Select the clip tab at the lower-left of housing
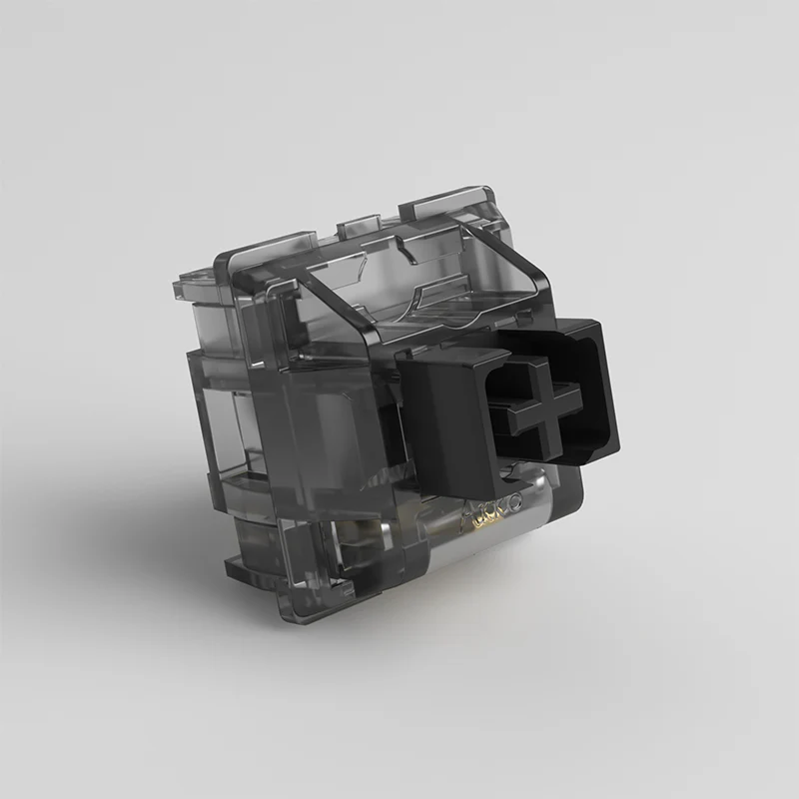click(245, 569)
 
